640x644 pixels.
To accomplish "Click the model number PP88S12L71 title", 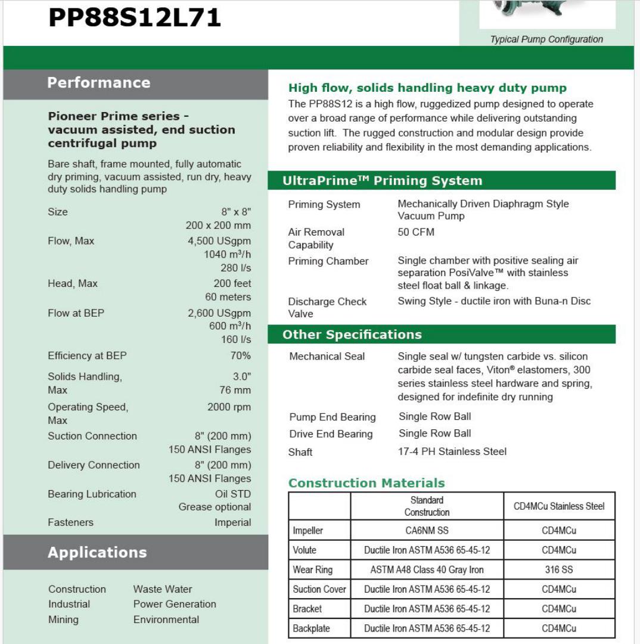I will click(x=135, y=18).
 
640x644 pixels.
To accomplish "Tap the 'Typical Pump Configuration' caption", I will click(x=546, y=39).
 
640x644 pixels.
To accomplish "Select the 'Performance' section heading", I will click(x=99, y=82).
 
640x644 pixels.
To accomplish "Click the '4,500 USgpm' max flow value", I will click(x=219, y=241).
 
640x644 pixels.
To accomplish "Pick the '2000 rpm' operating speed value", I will click(x=229, y=407).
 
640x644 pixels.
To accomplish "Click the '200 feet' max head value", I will click(x=232, y=283).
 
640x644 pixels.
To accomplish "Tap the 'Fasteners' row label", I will click(x=70, y=522).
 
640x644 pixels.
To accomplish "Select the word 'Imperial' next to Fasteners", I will click(x=232, y=522).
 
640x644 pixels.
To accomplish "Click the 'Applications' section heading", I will click(x=97, y=552).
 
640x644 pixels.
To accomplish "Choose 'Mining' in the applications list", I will click(x=63, y=620).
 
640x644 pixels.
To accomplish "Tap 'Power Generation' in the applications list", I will click(x=175, y=604).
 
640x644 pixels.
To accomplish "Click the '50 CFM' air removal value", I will click(x=416, y=232).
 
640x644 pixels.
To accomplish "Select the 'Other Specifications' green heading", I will click(x=352, y=335).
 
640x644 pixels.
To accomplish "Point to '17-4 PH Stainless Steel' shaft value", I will click(x=452, y=451).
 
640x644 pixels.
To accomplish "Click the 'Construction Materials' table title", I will click(x=366, y=483).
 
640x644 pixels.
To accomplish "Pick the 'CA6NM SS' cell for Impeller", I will click(x=427, y=530).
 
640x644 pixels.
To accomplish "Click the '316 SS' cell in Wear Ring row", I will click(x=559, y=569).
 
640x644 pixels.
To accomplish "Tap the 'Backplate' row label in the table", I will click(x=311, y=628).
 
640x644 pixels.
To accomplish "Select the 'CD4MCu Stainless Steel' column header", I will click(x=559, y=506).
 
